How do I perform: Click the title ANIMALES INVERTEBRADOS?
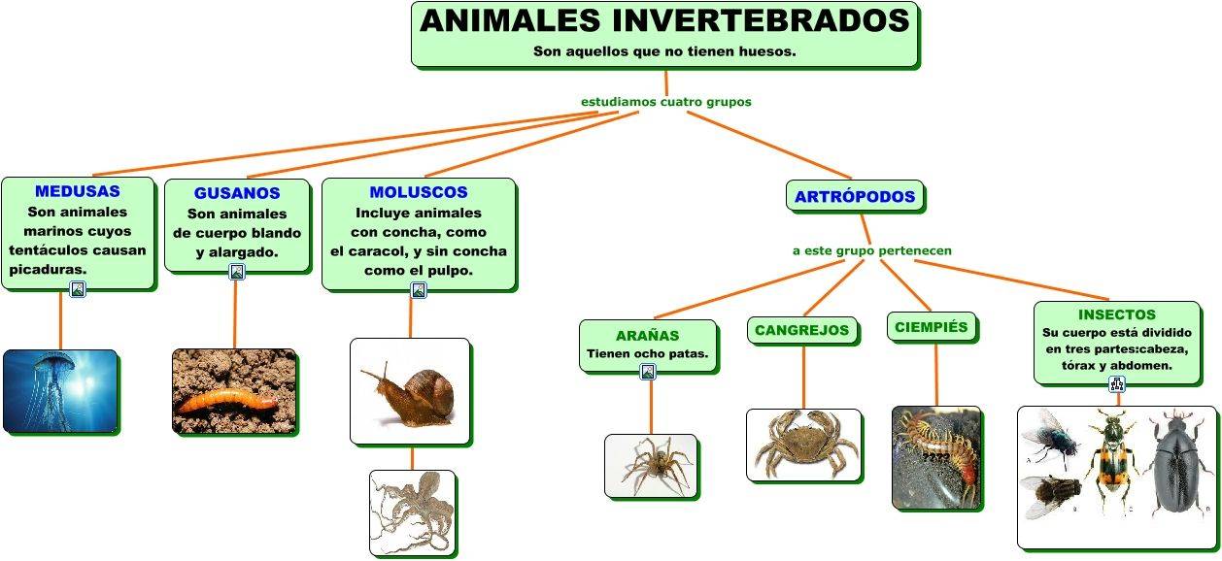tap(664, 21)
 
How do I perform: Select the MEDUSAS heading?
tap(78, 191)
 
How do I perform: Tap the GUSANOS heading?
tap(237, 193)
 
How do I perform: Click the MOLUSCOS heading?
tap(419, 192)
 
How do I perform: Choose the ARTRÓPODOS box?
tap(855, 197)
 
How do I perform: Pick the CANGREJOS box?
tap(802, 330)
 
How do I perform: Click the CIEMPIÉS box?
tap(931, 327)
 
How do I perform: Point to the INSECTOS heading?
tap(1116, 314)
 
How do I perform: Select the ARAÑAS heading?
tap(647, 335)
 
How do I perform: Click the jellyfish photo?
tap(60, 390)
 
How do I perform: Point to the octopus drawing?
tap(412, 511)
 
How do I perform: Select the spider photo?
tap(651, 465)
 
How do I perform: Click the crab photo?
tap(803, 444)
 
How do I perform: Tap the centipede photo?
tap(935, 456)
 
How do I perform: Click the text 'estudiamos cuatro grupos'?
tap(665, 101)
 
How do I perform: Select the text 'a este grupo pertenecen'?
tap(871, 250)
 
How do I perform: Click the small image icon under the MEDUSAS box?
tap(78, 289)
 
